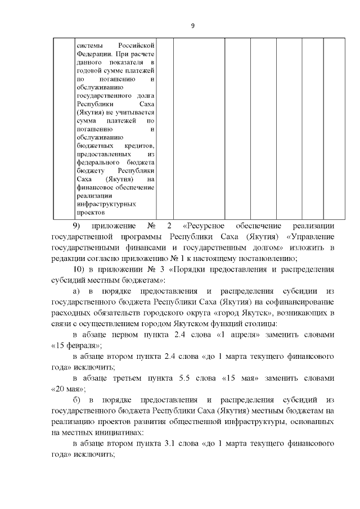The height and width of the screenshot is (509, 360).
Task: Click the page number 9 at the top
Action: coord(192,25)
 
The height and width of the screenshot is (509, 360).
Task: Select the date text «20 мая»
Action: coord(68,388)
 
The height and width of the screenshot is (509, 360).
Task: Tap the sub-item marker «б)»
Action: coord(78,399)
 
